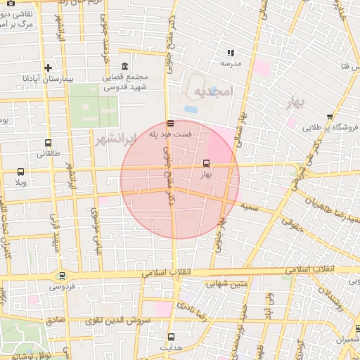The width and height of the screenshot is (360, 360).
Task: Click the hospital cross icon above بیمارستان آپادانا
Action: tap(48, 68)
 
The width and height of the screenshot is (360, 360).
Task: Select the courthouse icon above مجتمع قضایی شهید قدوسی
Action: tap(124, 66)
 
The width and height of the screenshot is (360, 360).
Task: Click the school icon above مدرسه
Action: tap(231, 53)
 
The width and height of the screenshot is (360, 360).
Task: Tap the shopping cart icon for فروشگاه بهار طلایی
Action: tap(330, 117)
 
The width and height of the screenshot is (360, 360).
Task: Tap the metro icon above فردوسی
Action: tap(63, 276)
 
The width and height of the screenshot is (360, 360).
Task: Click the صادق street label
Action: tap(56, 319)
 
